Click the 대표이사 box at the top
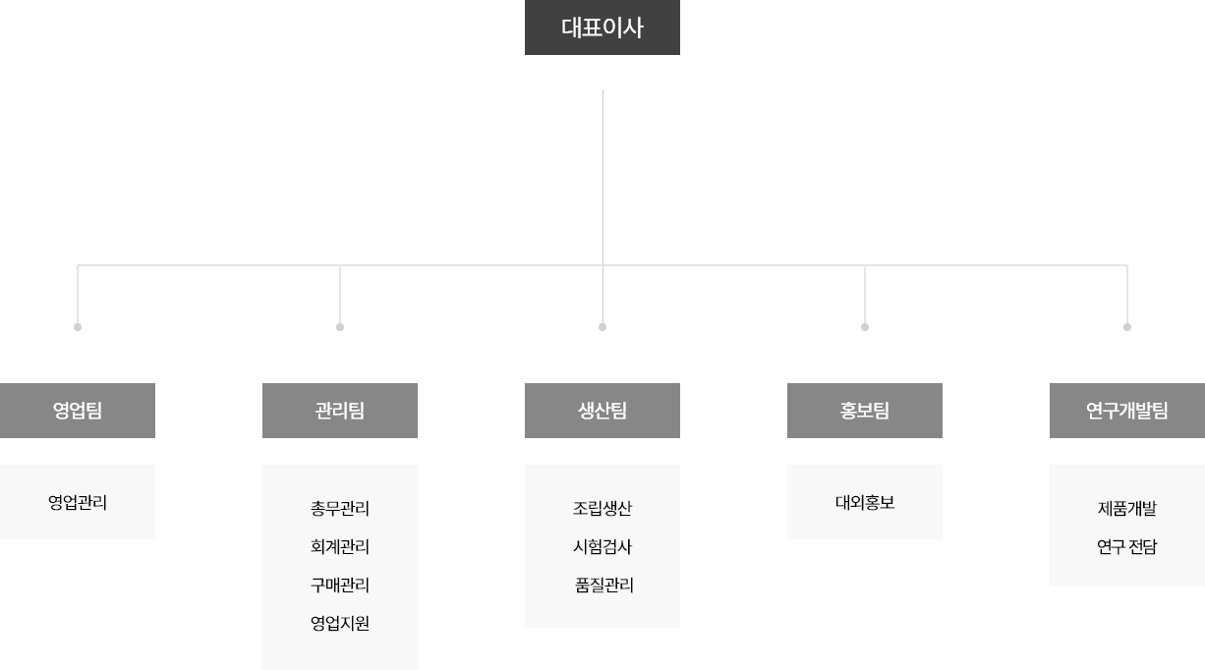(x=602, y=28)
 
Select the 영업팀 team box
(x=78, y=411)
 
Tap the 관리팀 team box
(x=340, y=411)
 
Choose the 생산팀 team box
(x=602, y=411)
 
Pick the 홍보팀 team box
(x=865, y=411)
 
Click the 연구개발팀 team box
(x=1127, y=411)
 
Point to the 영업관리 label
(x=78, y=502)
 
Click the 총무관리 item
(x=340, y=508)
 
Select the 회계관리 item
(x=340, y=546)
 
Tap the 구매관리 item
(x=340, y=585)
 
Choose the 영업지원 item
(x=340, y=623)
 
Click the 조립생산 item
(x=602, y=508)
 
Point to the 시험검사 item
(x=602, y=546)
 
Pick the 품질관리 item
(x=604, y=585)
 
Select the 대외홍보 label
(x=865, y=502)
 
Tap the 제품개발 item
(x=1127, y=508)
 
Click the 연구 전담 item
(x=1127, y=546)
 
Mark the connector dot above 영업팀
(x=78, y=327)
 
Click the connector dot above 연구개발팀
(x=1127, y=327)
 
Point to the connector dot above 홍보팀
(x=865, y=327)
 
